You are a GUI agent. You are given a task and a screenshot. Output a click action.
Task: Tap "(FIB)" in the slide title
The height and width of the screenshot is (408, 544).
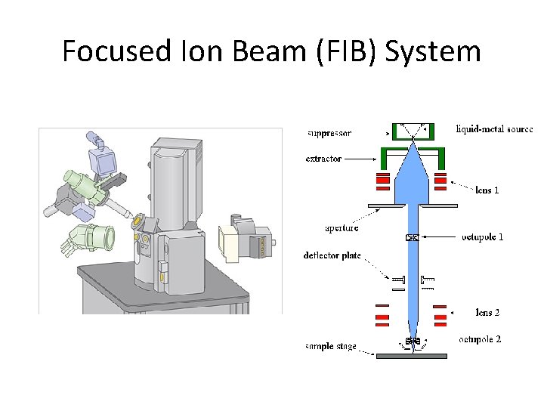click(353, 52)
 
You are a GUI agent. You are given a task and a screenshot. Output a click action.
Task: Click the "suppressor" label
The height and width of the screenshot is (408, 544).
click(329, 134)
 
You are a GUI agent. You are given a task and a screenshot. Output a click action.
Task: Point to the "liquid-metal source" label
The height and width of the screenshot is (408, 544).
click(494, 128)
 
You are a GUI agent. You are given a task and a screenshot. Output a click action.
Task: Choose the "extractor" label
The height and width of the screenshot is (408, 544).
click(323, 159)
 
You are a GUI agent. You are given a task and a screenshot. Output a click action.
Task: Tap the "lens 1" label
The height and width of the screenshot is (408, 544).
click(487, 190)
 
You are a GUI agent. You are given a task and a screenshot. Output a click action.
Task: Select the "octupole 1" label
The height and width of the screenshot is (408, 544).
click(482, 237)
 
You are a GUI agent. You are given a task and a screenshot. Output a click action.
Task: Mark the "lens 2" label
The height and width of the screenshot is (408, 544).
click(488, 312)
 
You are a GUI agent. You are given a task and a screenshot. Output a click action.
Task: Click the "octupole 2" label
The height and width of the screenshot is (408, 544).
click(480, 339)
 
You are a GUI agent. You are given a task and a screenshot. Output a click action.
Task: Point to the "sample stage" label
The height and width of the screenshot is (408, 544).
click(331, 347)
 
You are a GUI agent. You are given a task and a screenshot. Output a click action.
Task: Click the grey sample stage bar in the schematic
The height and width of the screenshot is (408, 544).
click(413, 355)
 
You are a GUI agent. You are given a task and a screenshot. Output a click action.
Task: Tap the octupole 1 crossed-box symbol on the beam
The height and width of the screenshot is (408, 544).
click(412, 238)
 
